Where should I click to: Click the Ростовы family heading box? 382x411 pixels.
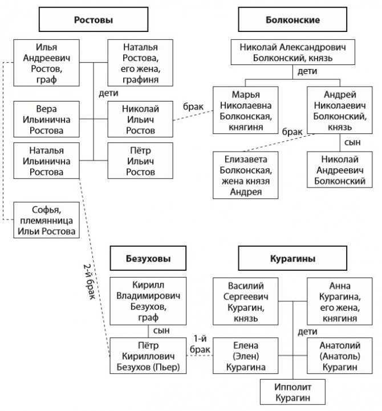coord(94,21)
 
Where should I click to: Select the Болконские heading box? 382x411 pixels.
coord(288,21)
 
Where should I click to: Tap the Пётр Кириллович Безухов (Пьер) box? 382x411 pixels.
coord(148,356)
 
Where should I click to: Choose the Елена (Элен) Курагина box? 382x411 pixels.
coord(246,356)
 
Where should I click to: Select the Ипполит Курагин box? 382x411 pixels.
coord(292,392)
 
